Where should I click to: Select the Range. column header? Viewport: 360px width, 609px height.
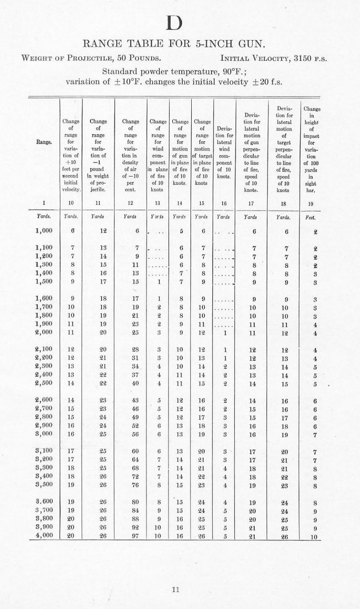pyautogui.click(x=44, y=142)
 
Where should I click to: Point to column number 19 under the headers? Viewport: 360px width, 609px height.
pyautogui.click(x=310, y=203)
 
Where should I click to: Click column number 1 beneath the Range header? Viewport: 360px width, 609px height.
pyautogui.click(x=44, y=203)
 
